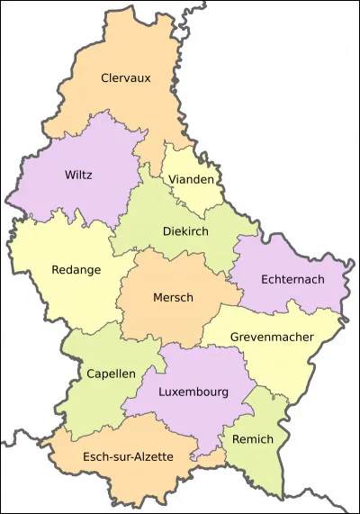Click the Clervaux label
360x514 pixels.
pos(125,78)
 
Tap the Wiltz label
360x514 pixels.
pos(78,175)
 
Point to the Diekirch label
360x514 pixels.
pos(185,230)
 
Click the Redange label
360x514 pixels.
pos(76,269)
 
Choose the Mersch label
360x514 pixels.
pos(173,297)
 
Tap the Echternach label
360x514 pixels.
pos(292,280)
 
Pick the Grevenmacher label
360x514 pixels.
pos(271,338)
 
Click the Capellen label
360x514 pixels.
pos(111,373)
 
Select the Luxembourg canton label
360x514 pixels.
pos(193,392)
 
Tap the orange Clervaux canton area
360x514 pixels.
pos(135,108)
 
